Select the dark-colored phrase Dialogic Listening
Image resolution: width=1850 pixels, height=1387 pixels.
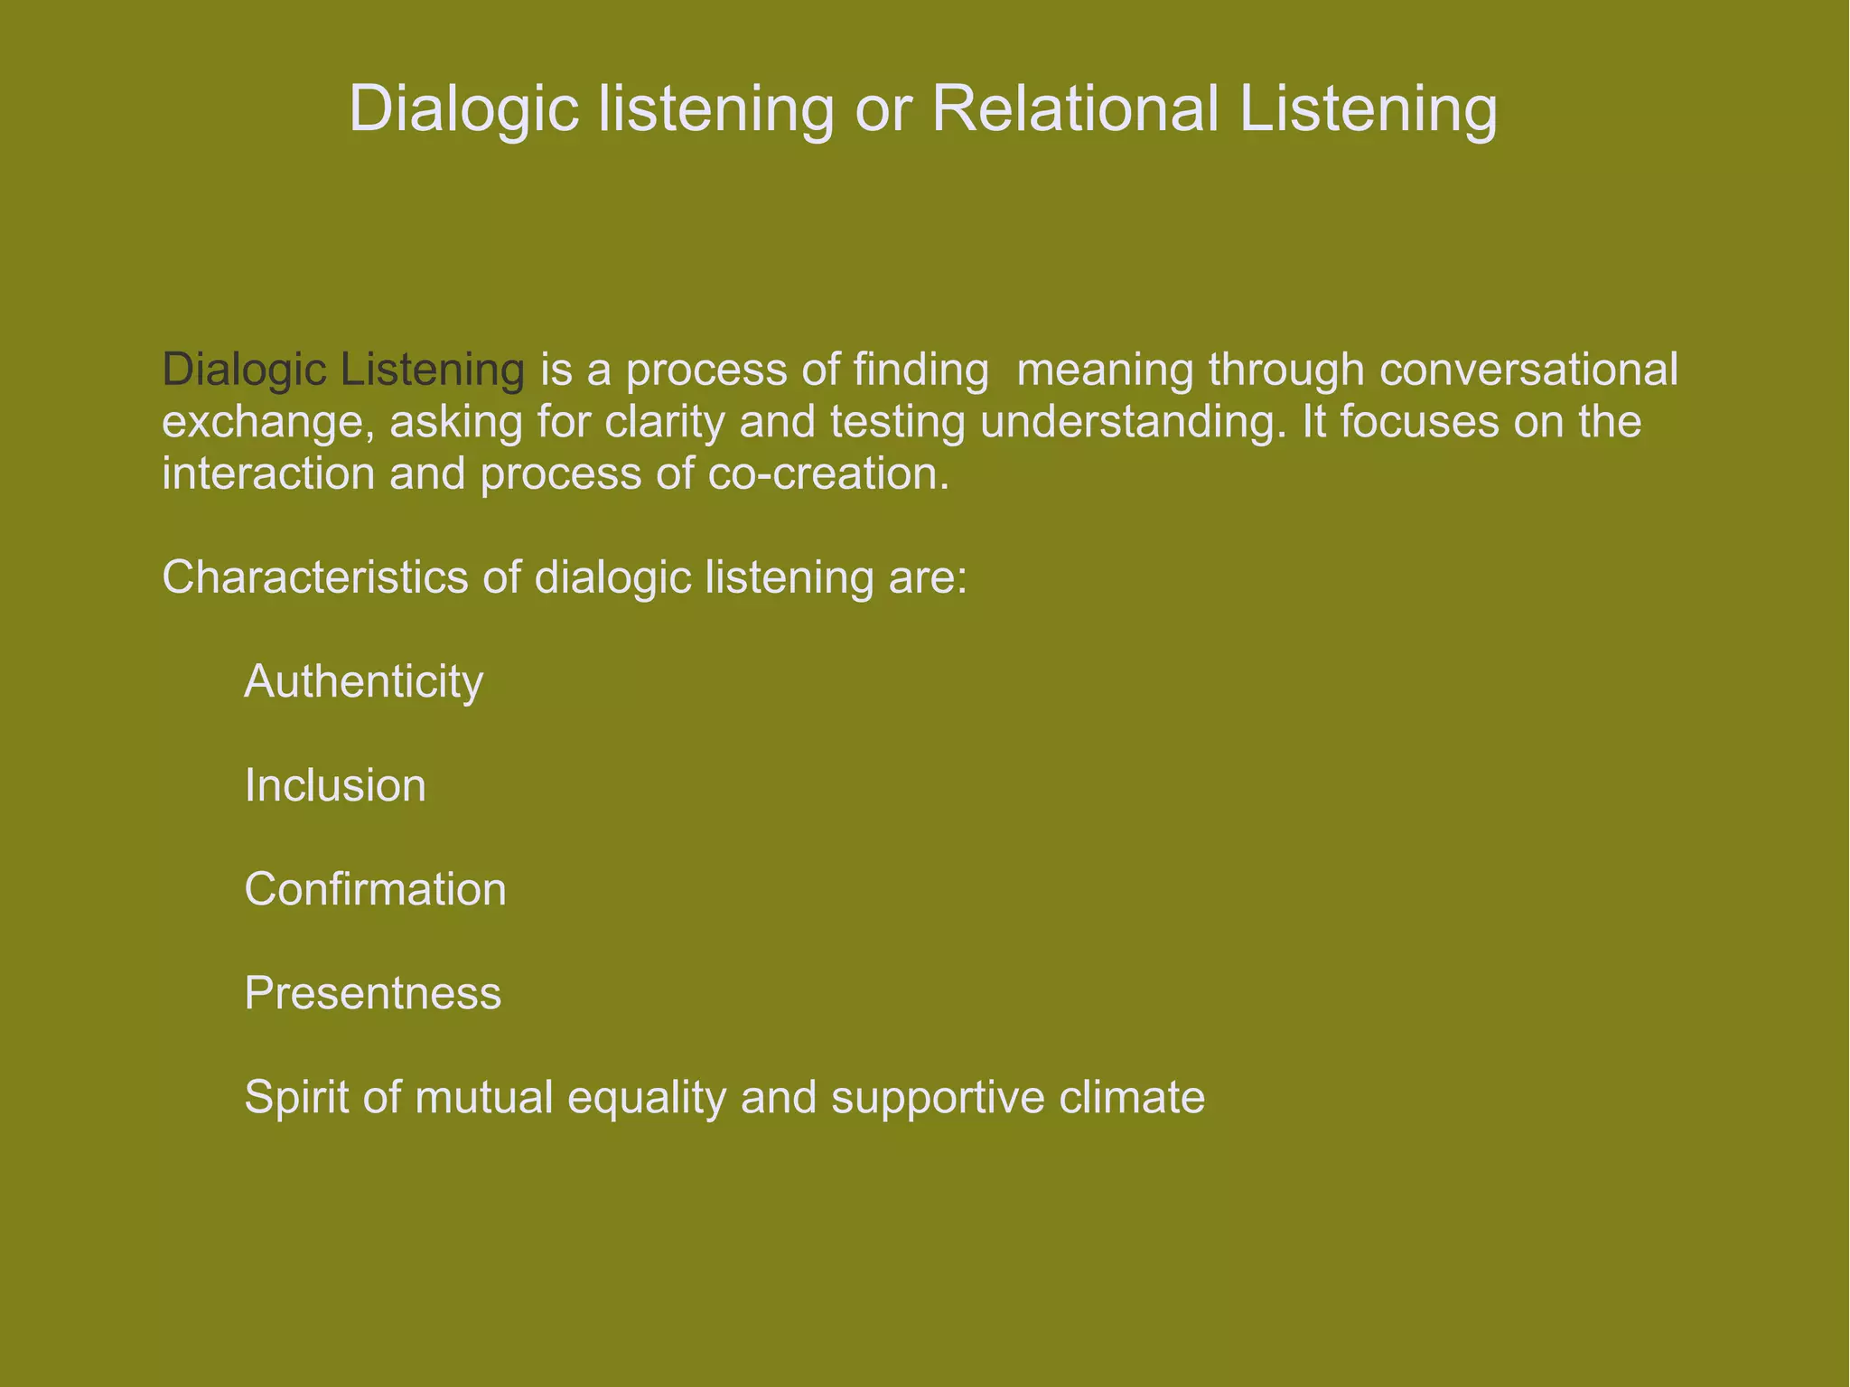[343, 370]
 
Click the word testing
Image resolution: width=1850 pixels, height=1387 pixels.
[898, 423]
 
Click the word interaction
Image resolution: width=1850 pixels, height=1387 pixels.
[268, 473]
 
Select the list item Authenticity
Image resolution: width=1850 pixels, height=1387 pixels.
[363, 681]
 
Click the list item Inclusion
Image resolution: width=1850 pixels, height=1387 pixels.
[335, 785]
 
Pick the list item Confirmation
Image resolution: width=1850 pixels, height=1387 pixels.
[375, 889]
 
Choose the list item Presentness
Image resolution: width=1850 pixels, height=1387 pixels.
[372, 993]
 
